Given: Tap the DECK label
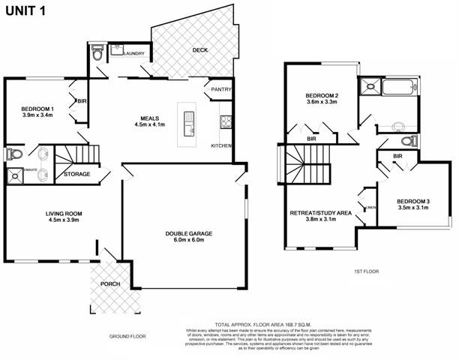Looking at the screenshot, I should pyautogui.click(x=199, y=50).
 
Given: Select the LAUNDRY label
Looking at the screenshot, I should pyautogui.click(x=133, y=53).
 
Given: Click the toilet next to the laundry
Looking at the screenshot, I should pyautogui.click(x=97, y=55).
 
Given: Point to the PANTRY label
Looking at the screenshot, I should pyautogui.click(x=220, y=90).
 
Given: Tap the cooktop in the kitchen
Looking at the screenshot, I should pyautogui.click(x=223, y=121).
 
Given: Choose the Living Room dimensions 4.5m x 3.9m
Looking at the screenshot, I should pyautogui.click(x=64, y=221).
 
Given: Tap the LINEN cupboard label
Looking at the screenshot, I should pyautogui.click(x=370, y=208).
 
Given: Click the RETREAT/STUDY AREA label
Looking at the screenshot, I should pyautogui.click(x=320, y=213).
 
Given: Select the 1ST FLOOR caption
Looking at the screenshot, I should pyautogui.click(x=367, y=271).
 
